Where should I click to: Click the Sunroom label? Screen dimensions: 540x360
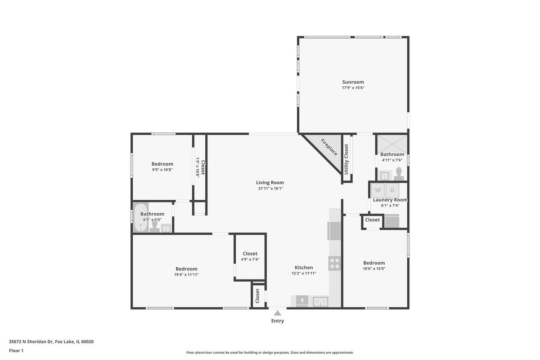click(353, 82)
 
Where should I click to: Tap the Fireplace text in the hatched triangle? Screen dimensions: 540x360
click(329, 147)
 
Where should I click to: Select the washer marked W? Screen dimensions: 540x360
click(378, 190)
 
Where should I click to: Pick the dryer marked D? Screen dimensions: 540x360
click(392, 190)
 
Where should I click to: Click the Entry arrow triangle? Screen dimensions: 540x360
click(278, 313)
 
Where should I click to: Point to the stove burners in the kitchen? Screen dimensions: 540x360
click(335, 263)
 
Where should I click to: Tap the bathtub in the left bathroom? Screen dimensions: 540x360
click(141, 217)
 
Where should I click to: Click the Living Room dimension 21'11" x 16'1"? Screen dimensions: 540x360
click(270, 188)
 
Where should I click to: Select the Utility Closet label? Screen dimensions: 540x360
click(346, 159)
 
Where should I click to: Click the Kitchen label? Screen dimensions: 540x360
click(304, 267)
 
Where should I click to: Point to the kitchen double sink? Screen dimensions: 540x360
click(320, 301)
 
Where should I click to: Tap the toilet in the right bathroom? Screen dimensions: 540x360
click(399, 174)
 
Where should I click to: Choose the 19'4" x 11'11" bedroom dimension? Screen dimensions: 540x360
click(186, 274)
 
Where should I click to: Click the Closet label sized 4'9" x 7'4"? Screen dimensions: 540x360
click(250, 253)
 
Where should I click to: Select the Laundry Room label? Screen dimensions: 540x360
click(390, 200)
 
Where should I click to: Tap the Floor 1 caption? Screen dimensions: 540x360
click(16, 351)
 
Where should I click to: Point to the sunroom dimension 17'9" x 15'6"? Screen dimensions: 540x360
click(353, 88)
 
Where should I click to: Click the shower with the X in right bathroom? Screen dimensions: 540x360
click(392, 144)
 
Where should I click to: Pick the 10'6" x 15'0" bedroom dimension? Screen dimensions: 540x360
click(374, 269)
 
